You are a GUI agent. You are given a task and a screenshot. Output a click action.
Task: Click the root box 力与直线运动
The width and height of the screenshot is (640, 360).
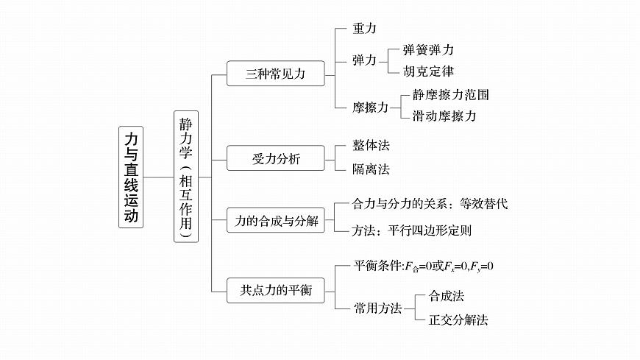[131, 177]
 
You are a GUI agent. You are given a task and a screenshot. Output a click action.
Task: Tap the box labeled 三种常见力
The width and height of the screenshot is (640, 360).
[275, 74]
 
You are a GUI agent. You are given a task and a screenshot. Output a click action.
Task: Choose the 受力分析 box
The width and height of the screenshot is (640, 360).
[275, 158]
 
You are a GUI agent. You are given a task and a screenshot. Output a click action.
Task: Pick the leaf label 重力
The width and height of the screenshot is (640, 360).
[365, 28]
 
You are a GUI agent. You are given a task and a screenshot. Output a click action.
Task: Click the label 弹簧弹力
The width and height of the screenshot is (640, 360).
[428, 50]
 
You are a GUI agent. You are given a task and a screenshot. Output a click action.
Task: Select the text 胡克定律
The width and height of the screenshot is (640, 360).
[428, 71]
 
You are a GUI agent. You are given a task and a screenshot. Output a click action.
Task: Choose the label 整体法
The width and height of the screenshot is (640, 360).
[371, 146]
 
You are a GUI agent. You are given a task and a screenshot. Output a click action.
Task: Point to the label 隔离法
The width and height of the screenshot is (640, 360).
[371, 169]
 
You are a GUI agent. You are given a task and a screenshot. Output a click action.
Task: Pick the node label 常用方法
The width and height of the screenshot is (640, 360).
[378, 308]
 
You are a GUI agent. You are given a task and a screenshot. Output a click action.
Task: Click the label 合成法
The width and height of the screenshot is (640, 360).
[446, 296]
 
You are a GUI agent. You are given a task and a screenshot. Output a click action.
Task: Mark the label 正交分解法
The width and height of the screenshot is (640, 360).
[452, 320]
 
